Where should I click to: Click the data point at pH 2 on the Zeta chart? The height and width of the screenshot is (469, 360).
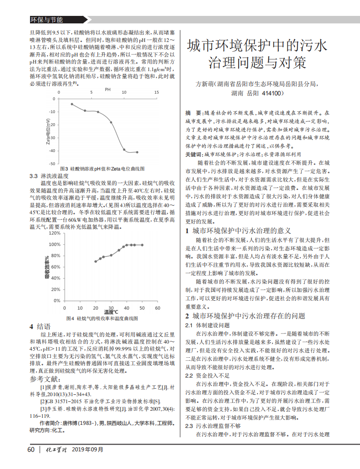(72, 104)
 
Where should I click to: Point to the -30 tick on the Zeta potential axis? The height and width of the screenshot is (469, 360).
(53, 137)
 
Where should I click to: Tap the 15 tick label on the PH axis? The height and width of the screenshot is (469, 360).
(156, 92)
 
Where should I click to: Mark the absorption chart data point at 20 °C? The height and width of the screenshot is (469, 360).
(96, 261)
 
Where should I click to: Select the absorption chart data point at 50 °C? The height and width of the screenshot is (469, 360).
(142, 245)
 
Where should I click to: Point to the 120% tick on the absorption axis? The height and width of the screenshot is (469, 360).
(55, 233)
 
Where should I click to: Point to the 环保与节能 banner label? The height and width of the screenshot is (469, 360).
(46, 20)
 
